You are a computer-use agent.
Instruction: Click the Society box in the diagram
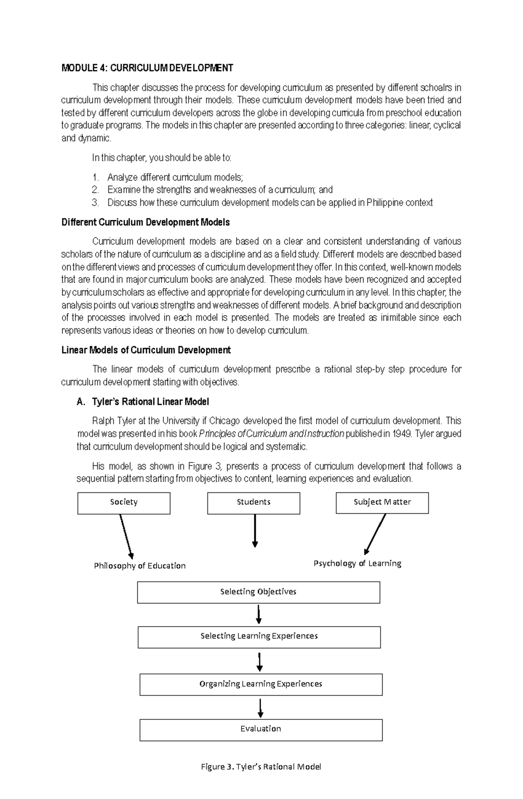pyautogui.click(x=124, y=503)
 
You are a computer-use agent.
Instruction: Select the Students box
pyautogui.click(x=254, y=503)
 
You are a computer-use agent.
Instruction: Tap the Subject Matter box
pyautogui.click(x=382, y=503)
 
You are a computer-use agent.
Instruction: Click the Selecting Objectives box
pyautogui.click(x=258, y=592)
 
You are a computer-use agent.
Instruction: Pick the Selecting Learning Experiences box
pyautogui.click(x=259, y=637)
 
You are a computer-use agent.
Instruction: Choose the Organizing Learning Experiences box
pyautogui.click(x=261, y=684)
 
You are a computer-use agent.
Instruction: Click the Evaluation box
pyautogui.click(x=261, y=730)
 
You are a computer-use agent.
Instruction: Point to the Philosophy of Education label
pyautogui.click(x=140, y=566)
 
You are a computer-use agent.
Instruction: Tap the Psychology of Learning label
pyautogui.click(x=357, y=563)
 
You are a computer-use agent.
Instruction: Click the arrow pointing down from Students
pyautogui.click(x=255, y=530)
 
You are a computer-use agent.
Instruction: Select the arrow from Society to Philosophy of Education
pyautogui.click(x=126, y=536)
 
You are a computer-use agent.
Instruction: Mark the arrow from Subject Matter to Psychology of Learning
pyautogui.click(x=375, y=534)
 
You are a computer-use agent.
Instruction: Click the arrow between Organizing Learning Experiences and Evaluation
pyautogui.click(x=260, y=708)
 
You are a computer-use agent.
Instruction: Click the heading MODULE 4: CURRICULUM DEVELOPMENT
pyautogui.click(x=147, y=68)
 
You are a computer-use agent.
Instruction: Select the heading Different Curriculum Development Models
pyautogui.click(x=146, y=223)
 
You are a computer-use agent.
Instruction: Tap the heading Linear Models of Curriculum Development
pyautogui.click(x=146, y=350)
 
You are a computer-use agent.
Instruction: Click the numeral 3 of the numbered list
pyautogui.click(x=95, y=202)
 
